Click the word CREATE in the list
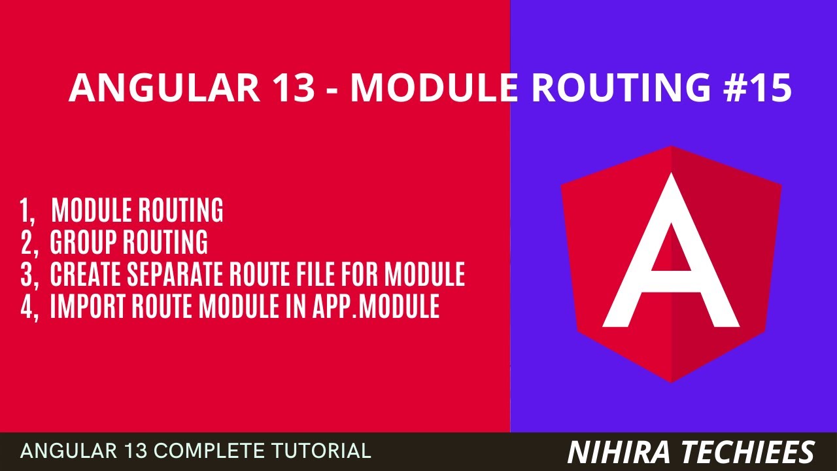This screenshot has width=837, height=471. (x=83, y=275)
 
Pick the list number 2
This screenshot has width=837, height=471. (x=27, y=243)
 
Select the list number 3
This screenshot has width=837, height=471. (x=27, y=275)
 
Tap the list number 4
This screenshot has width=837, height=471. (x=27, y=307)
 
